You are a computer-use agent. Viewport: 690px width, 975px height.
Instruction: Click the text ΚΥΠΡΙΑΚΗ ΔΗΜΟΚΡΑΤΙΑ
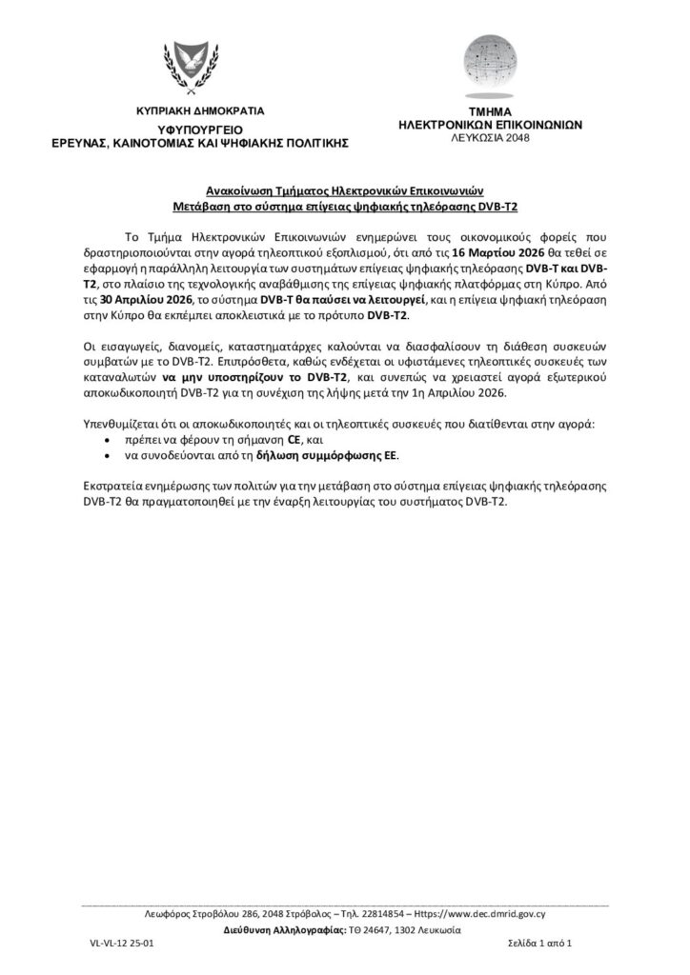(x=200, y=111)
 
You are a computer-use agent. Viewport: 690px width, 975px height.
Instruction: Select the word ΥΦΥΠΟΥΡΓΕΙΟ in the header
(x=200, y=128)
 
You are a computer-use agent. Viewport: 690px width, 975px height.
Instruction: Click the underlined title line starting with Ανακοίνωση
(x=344, y=189)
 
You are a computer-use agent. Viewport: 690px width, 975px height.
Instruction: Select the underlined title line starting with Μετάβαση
(x=344, y=206)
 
